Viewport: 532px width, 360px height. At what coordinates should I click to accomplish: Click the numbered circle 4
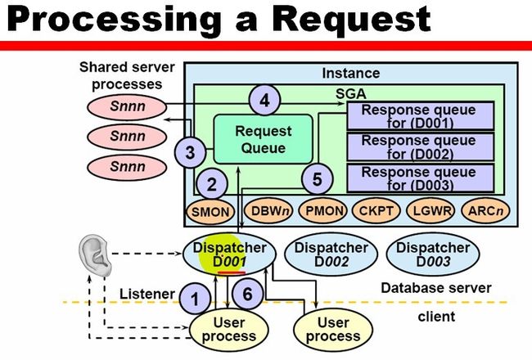click(264, 101)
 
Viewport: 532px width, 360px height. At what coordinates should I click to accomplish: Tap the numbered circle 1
click(195, 299)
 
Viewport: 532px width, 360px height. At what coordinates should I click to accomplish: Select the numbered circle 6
click(248, 294)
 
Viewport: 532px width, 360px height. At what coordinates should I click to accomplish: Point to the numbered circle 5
click(318, 179)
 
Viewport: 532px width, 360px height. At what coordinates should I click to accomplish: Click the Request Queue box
click(264, 139)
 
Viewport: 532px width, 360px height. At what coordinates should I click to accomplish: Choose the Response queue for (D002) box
click(421, 147)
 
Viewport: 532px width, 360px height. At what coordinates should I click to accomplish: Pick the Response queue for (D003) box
click(421, 178)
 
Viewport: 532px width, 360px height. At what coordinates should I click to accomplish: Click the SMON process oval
click(210, 212)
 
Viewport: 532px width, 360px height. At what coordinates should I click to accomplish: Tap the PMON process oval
click(323, 211)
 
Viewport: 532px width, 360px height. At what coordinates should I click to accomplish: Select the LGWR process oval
click(431, 211)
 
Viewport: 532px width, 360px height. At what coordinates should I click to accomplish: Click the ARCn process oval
click(486, 211)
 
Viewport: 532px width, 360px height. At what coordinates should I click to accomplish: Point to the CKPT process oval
click(376, 211)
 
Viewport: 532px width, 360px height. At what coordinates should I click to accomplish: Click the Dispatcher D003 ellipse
click(433, 254)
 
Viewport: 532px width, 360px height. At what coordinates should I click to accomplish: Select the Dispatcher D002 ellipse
click(331, 254)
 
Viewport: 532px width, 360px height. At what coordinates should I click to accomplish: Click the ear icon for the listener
click(95, 257)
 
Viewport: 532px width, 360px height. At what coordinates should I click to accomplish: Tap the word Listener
click(147, 294)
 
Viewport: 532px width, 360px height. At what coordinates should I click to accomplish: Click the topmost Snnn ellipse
click(127, 107)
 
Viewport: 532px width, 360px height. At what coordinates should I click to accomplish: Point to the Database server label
click(436, 288)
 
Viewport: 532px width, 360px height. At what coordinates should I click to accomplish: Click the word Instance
click(351, 74)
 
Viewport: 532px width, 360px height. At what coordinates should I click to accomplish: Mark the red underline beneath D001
click(232, 272)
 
